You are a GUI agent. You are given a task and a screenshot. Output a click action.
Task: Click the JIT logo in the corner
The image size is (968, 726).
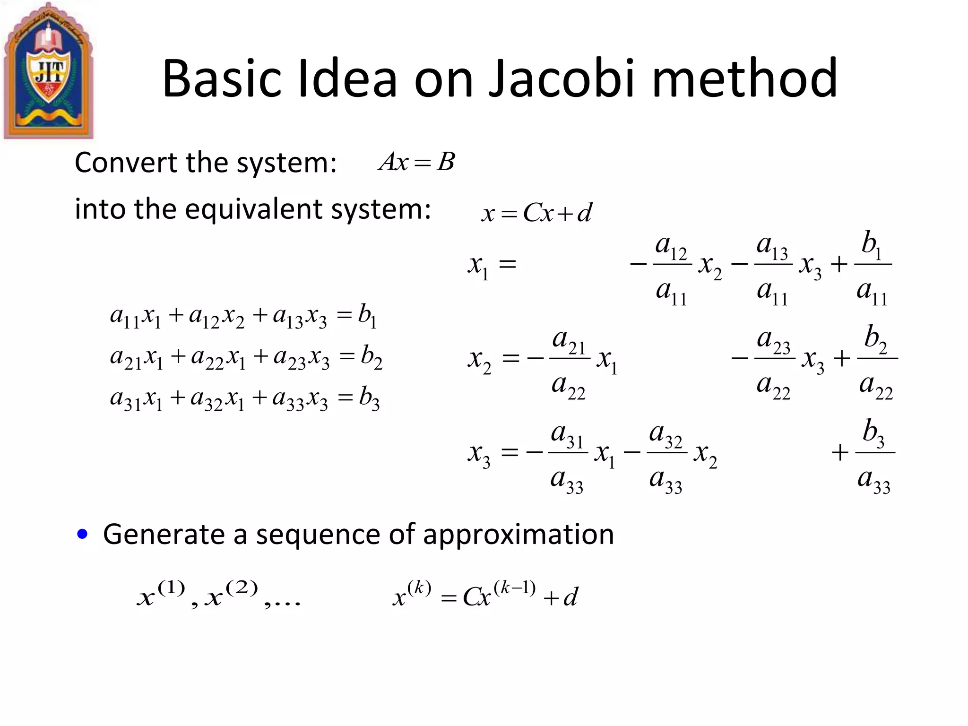49,71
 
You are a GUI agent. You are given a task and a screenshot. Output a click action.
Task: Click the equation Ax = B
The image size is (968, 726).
416,162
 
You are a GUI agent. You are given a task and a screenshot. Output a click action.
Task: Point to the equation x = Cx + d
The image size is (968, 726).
536,213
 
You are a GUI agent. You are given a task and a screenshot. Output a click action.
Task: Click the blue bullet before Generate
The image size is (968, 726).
83,535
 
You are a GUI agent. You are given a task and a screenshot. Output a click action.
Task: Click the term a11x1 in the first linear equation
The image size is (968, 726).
136,317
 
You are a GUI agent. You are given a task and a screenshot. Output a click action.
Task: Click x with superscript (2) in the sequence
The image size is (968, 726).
232,595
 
